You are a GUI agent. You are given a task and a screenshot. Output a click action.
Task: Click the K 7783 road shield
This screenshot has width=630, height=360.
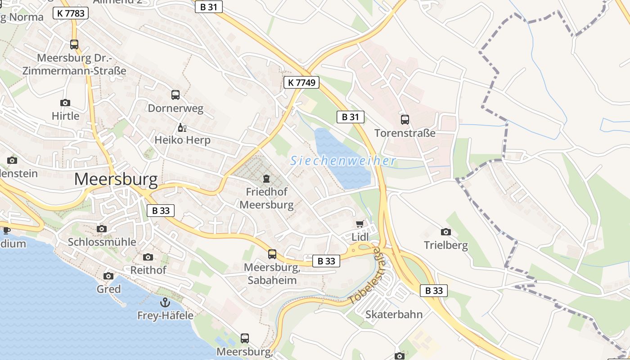(71, 13)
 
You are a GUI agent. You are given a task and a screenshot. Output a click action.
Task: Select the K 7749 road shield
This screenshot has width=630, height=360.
(301, 82)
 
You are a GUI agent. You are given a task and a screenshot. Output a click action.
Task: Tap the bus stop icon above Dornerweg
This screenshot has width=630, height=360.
(175, 95)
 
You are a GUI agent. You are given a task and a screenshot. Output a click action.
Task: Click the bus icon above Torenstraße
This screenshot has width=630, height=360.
(405, 120)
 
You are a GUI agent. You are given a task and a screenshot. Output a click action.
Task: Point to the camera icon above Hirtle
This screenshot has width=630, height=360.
(65, 103)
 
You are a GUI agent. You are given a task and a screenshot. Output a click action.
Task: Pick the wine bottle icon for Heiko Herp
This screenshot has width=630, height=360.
(182, 128)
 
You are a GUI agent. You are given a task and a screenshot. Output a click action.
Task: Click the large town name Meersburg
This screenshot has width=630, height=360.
(116, 179)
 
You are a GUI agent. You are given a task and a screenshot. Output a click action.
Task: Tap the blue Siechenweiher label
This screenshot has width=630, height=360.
(343, 161)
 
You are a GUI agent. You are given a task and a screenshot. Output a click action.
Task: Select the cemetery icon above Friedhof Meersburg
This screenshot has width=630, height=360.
(266, 179)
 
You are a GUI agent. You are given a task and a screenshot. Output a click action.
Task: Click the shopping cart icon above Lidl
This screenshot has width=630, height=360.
(360, 224)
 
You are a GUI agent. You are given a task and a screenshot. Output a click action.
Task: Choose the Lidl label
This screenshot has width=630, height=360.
(360, 237)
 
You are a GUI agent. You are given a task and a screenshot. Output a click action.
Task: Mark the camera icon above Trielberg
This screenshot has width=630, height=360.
(446, 232)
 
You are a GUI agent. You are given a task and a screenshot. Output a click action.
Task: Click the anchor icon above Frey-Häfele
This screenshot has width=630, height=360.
(165, 302)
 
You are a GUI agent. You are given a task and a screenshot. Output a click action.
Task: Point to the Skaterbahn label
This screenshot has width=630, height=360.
(394, 314)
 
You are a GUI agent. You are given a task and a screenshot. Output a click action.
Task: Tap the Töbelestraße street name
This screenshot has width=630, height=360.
(364, 276)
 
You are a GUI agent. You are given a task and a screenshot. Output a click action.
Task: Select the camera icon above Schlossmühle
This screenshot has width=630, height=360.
(102, 229)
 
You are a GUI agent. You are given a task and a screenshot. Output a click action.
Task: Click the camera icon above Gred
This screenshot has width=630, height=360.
(108, 276)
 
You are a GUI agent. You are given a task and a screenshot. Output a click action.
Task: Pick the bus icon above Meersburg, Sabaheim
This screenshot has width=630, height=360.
(272, 254)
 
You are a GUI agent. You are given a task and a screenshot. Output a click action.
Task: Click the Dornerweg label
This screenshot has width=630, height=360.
(175, 108)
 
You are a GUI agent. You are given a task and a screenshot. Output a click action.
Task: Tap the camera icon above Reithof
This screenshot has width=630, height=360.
(148, 257)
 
